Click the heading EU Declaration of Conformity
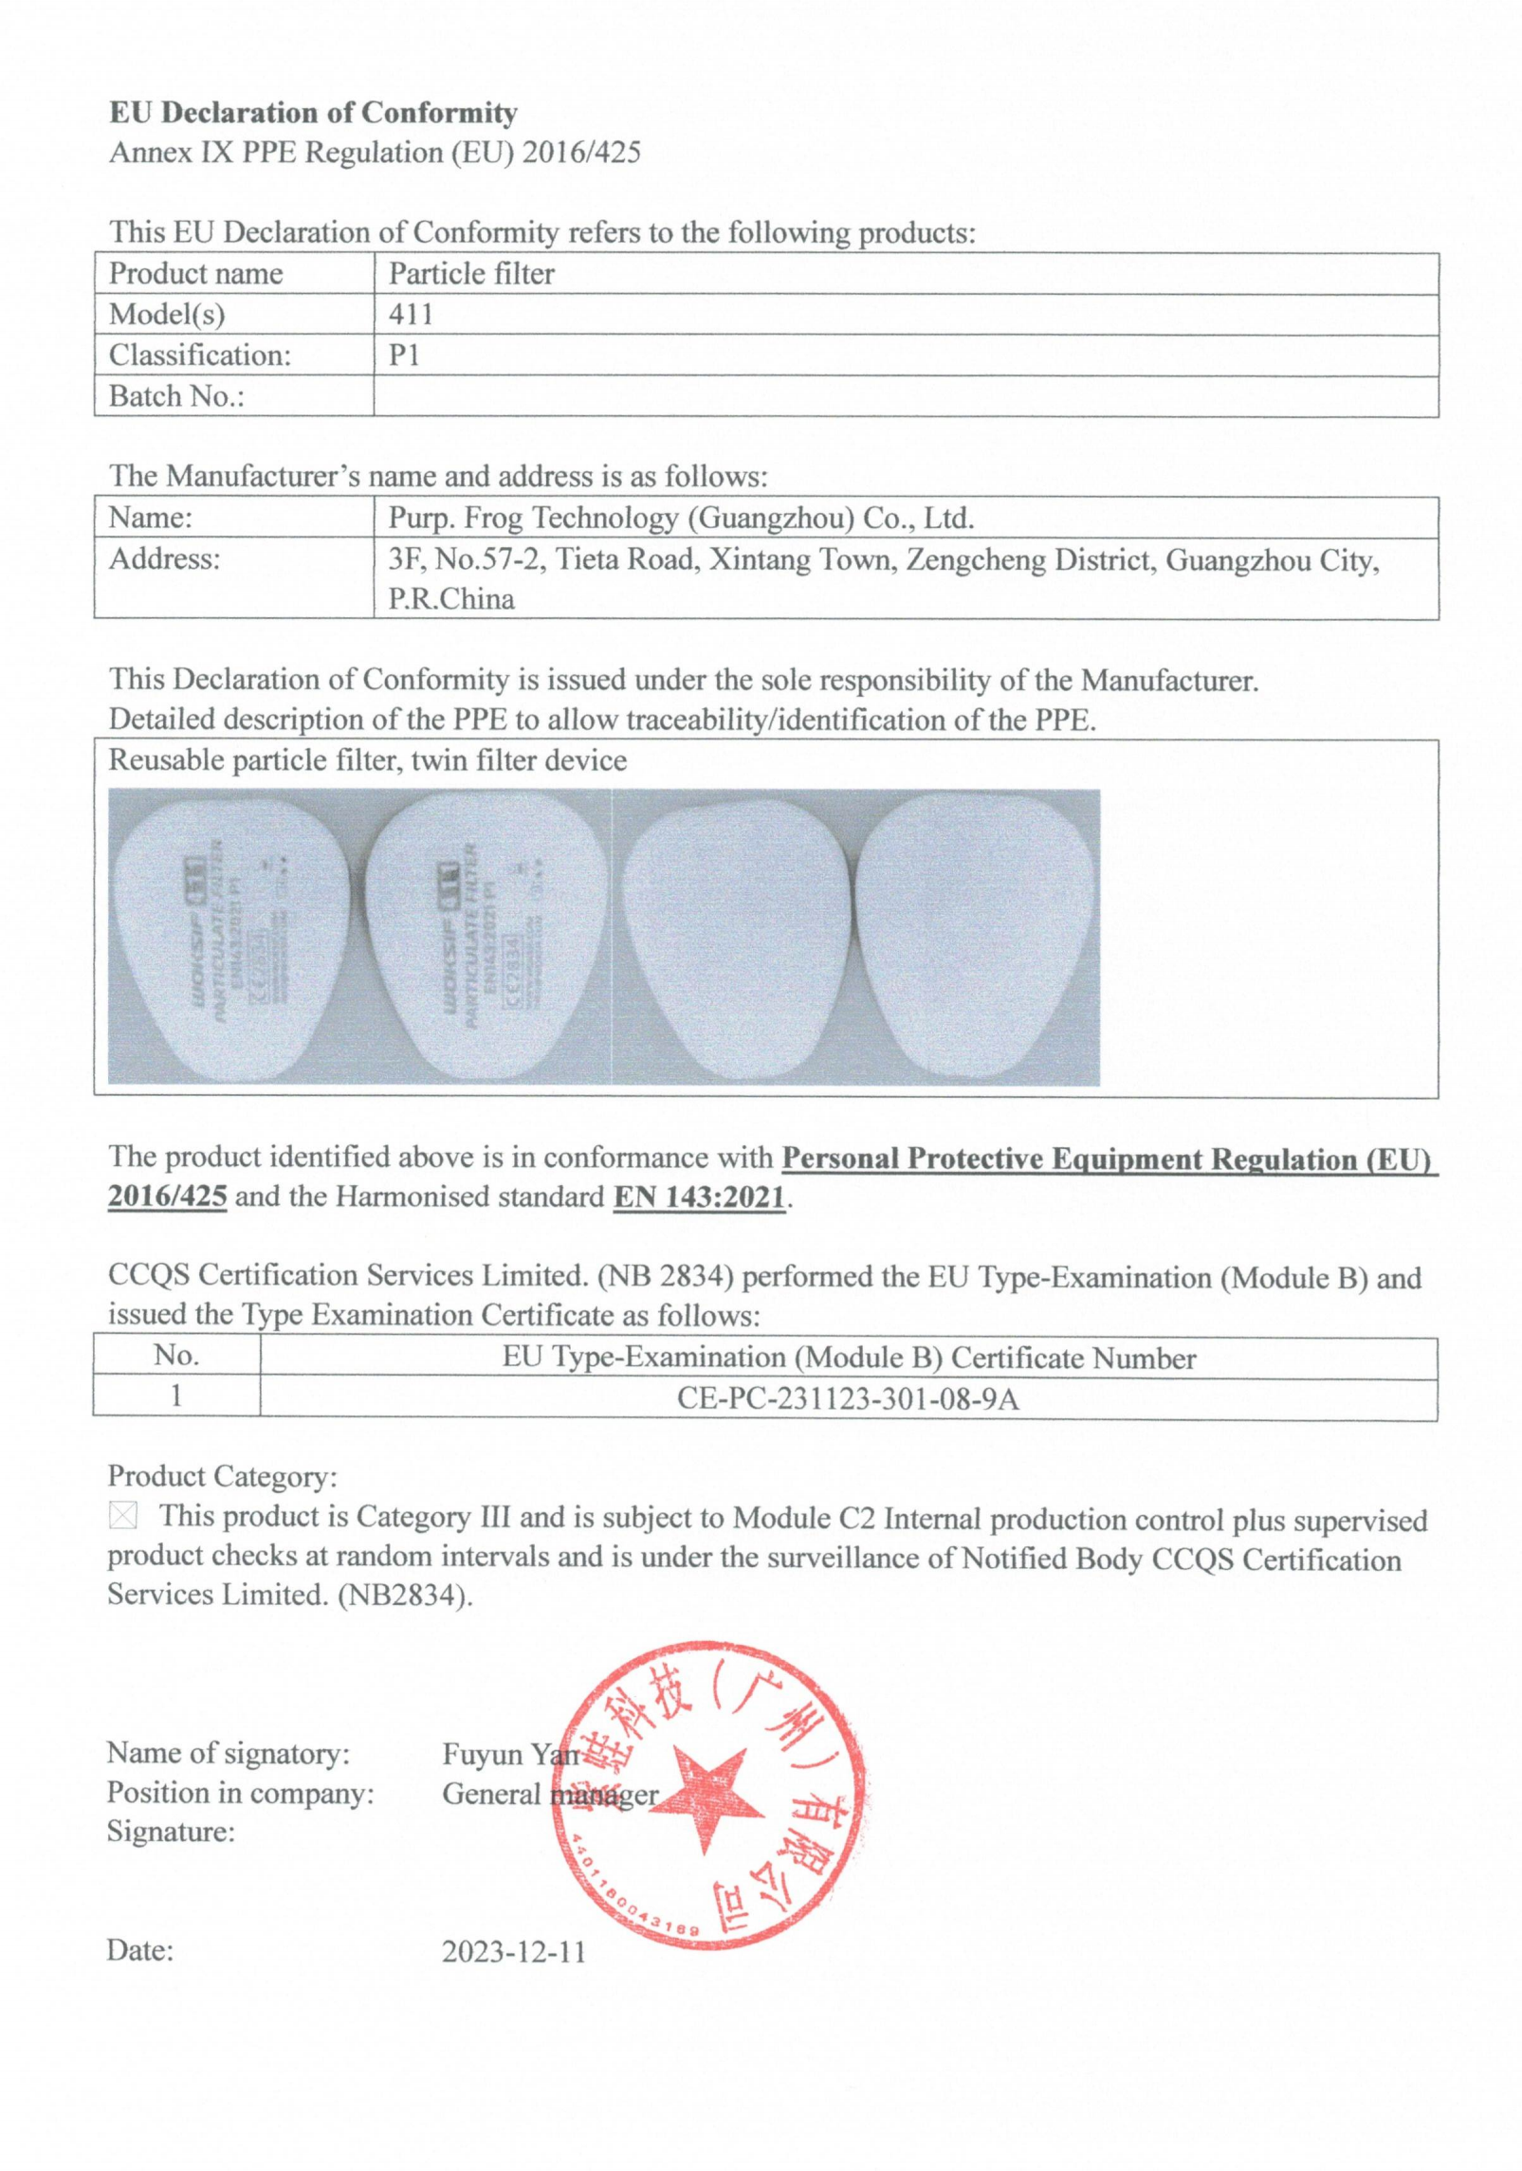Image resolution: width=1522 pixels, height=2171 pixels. point(313,113)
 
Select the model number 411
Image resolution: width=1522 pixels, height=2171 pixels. point(411,314)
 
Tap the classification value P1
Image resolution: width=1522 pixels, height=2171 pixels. point(404,355)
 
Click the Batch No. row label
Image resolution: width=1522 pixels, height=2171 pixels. point(176,396)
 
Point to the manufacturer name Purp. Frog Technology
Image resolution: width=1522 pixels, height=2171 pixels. point(680,518)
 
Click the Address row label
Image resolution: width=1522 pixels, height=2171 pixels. point(164,559)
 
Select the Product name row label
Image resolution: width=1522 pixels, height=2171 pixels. point(195,274)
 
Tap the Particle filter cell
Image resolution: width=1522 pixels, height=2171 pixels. point(471,274)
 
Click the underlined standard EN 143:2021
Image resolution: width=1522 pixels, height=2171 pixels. point(700,1197)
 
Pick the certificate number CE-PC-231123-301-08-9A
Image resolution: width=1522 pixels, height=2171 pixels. point(848,1399)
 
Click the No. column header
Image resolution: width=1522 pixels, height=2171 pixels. point(176,1356)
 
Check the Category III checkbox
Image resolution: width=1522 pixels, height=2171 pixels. point(123,1516)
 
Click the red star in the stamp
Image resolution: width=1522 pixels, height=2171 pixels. point(706,1794)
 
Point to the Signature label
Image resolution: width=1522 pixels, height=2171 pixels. point(171,1831)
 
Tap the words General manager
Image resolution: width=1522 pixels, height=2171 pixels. point(550,1794)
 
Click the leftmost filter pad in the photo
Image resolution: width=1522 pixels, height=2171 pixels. point(230,937)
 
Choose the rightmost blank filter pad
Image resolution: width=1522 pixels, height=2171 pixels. point(977,937)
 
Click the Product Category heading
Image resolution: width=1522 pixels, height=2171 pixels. point(222,1476)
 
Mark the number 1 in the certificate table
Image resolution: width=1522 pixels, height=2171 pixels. point(176,1396)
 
